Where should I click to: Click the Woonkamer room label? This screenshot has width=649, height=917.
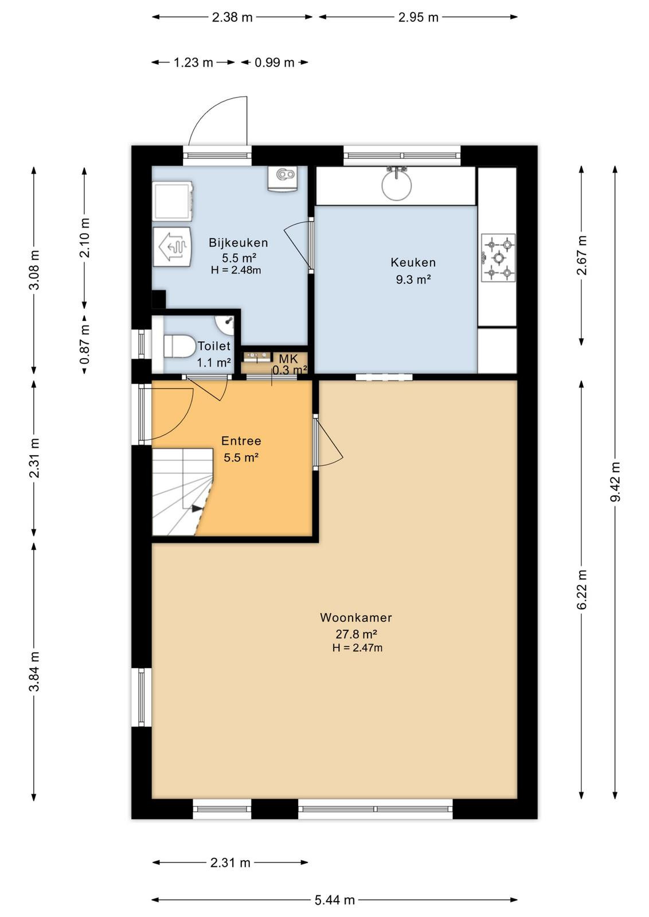pyautogui.click(x=355, y=617)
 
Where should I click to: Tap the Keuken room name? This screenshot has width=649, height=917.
pyautogui.click(x=413, y=262)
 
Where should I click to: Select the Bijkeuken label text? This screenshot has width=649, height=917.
pyautogui.click(x=239, y=243)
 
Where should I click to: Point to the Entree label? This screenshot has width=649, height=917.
pyautogui.click(x=241, y=441)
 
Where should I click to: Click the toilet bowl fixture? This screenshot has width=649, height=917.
pyautogui.click(x=179, y=346)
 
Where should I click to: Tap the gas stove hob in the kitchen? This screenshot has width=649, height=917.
pyautogui.click(x=498, y=258)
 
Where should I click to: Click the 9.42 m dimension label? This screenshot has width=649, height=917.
pyautogui.click(x=615, y=481)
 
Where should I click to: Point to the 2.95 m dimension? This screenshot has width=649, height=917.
pyautogui.click(x=418, y=17)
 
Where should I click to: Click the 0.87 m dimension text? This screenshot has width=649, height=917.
pyautogui.click(x=85, y=344)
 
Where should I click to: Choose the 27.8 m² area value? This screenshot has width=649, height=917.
pyautogui.click(x=356, y=634)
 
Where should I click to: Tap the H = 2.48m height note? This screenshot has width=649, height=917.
pyautogui.click(x=236, y=270)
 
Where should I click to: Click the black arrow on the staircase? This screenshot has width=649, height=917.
pyautogui.click(x=197, y=508)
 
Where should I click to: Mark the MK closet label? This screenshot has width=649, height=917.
pyautogui.click(x=288, y=359)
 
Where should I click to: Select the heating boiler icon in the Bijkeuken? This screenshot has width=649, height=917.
pyautogui.click(x=172, y=247)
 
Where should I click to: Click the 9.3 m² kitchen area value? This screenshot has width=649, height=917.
pyautogui.click(x=413, y=280)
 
